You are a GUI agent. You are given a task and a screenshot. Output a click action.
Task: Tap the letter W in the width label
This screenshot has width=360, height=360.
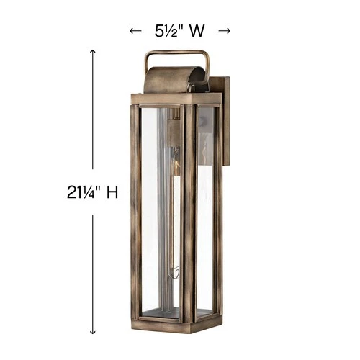(201, 31)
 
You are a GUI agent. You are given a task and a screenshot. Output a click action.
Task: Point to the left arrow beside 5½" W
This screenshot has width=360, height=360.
(133, 31)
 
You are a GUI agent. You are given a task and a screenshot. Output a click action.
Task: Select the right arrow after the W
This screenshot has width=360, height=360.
(224, 31)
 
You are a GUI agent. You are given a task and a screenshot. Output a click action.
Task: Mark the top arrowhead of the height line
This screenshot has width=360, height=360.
(92, 52)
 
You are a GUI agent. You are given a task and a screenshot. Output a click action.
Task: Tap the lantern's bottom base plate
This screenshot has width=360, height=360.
(173, 317)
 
